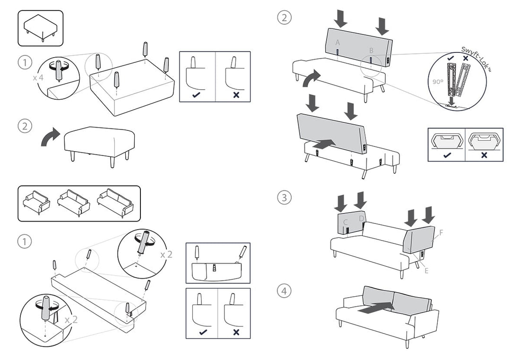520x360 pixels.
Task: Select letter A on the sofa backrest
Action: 338,43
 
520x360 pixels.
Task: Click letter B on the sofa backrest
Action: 371,50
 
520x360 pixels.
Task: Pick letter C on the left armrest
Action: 346,222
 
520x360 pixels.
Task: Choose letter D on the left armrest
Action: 361,218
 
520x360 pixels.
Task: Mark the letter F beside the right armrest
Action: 441,232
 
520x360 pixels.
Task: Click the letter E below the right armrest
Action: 426,270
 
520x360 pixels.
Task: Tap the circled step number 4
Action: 284,291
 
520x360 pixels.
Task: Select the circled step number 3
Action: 284,197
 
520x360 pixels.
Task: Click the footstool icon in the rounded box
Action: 41,28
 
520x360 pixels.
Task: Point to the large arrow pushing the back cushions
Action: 376,307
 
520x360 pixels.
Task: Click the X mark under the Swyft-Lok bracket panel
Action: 484,154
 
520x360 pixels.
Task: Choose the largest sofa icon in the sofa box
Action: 116,203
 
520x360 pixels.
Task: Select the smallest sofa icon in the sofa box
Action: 36,203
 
